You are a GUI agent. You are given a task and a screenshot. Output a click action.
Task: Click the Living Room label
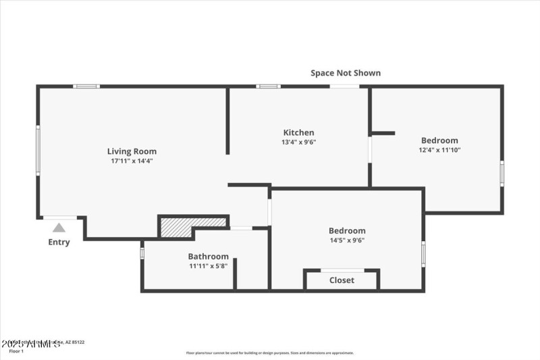click(x=132, y=151)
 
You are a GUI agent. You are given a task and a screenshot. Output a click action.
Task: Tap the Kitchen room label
click(x=298, y=132)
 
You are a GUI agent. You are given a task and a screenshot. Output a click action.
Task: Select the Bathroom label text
click(x=208, y=257)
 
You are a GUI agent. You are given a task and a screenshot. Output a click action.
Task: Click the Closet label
click(x=342, y=280)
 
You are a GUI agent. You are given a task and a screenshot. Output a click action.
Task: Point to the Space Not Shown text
click(x=345, y=73)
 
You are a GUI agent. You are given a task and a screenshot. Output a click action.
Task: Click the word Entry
click(x=59, y=242)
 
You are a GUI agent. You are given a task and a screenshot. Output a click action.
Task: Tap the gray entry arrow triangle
click(x=59, y=228)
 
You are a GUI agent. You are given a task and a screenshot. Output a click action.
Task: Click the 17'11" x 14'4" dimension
click(x=132, y=161)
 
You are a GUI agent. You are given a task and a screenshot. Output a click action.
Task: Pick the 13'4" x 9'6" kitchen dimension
click(x=298, y=142)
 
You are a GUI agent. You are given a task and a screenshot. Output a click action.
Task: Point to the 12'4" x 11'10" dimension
click(x=439, y=150)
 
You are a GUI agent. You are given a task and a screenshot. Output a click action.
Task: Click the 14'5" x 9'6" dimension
click(x=347, y=240)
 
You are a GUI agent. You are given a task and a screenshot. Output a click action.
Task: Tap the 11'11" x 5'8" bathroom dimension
click(x=208, y=266)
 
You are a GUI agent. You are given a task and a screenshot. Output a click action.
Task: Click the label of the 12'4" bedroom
click(x=439, y=140)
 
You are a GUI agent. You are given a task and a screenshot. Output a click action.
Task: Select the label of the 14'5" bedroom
click(x=347, y=230)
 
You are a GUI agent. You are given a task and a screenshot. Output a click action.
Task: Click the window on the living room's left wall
click(x=38, y=150)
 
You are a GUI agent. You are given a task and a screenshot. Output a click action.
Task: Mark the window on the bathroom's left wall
click(x=142, y=253)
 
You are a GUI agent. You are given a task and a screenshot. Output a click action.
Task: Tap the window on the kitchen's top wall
click(x=268, y=86)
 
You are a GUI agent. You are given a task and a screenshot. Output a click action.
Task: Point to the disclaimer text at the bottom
click(x=270, y=353)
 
